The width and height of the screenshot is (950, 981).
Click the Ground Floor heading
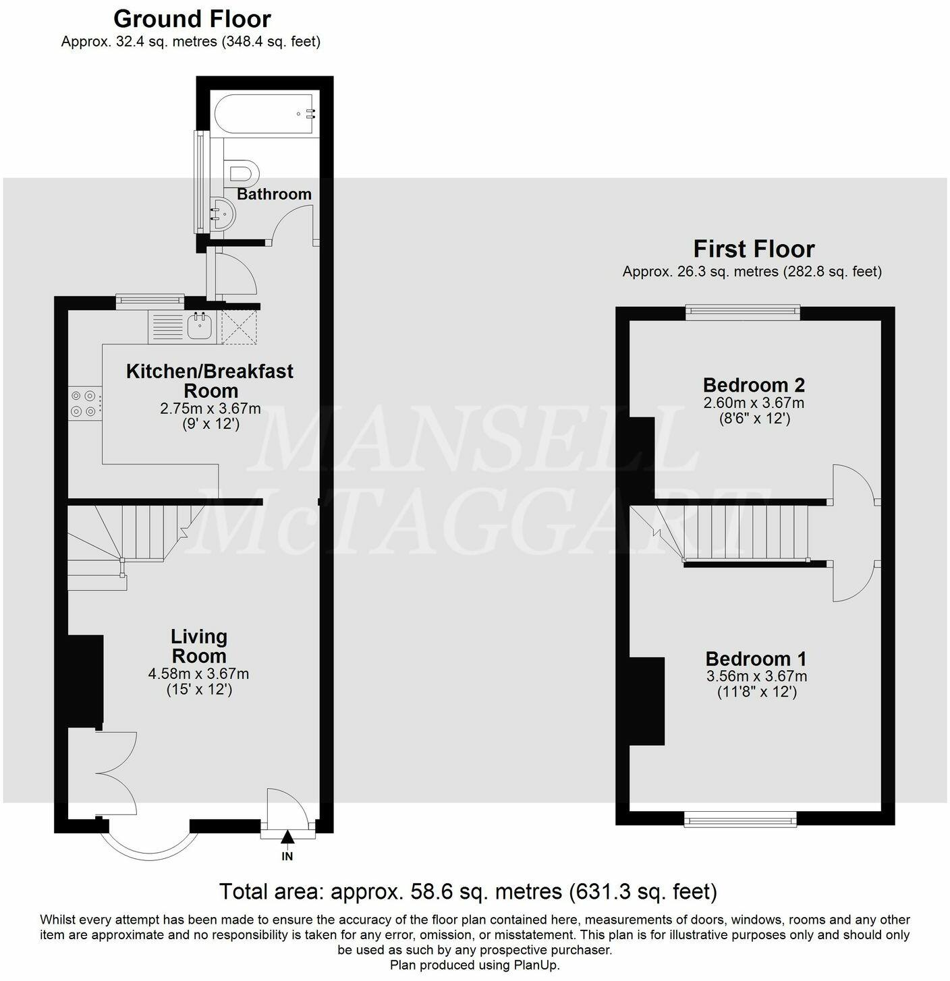(192, 18)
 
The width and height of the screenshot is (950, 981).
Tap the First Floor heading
(754, 249)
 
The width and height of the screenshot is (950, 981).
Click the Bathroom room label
(274, 194)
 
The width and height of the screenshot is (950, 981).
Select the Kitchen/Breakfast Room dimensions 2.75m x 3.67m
(210, 409)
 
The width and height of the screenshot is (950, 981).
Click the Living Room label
(198, 646)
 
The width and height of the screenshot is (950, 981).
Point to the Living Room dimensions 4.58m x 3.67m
(198, 674)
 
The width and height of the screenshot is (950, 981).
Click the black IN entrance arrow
(287, 837)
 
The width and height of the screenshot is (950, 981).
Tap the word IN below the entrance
(287, 857)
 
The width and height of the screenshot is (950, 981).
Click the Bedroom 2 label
(754, 385)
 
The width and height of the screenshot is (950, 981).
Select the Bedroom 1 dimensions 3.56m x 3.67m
(756, 676)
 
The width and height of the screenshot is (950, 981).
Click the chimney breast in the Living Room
(86, 681)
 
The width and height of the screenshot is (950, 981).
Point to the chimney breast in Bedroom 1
(647, 701)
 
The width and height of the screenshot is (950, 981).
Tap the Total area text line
(468, 891)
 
